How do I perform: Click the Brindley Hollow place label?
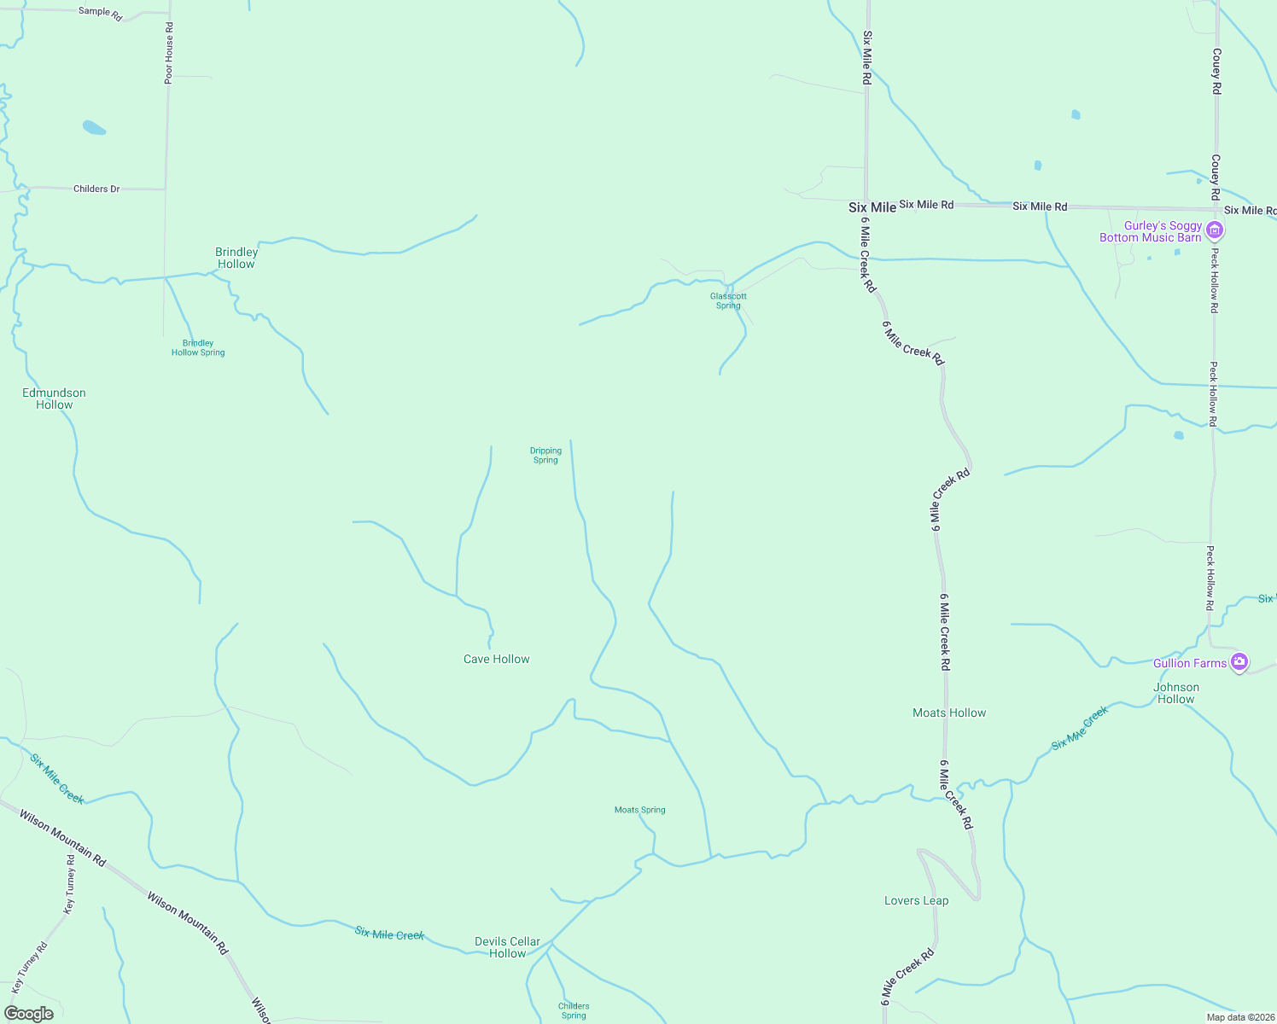[x=236, y=258]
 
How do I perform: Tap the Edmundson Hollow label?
[x=54, y=399]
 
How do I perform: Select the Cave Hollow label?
[x=496, y=659]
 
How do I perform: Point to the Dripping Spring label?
[x=545, y=455]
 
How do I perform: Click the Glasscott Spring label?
[x=728, y=300]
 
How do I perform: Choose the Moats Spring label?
[x=639, y=810]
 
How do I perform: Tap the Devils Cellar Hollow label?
[x=507, y=947]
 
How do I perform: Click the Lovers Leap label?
[x=916, y=900]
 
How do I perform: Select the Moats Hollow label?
[x=949, y=713]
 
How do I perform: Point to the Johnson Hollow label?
[x=1176, y=693]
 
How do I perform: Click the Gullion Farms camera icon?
[x=1239, y=662]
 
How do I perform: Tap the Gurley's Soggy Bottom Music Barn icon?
[x=1215, y=230]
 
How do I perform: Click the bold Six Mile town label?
[x=872, y=207]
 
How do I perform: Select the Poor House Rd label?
[x=169, y=53]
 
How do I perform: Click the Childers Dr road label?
[x=96, y=189]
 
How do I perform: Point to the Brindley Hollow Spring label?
[x=198, y=347]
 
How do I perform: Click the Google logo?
[x=29, y=1014]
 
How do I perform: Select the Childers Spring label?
[x=574, y=1010]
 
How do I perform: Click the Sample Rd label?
[x=100, y=13]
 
